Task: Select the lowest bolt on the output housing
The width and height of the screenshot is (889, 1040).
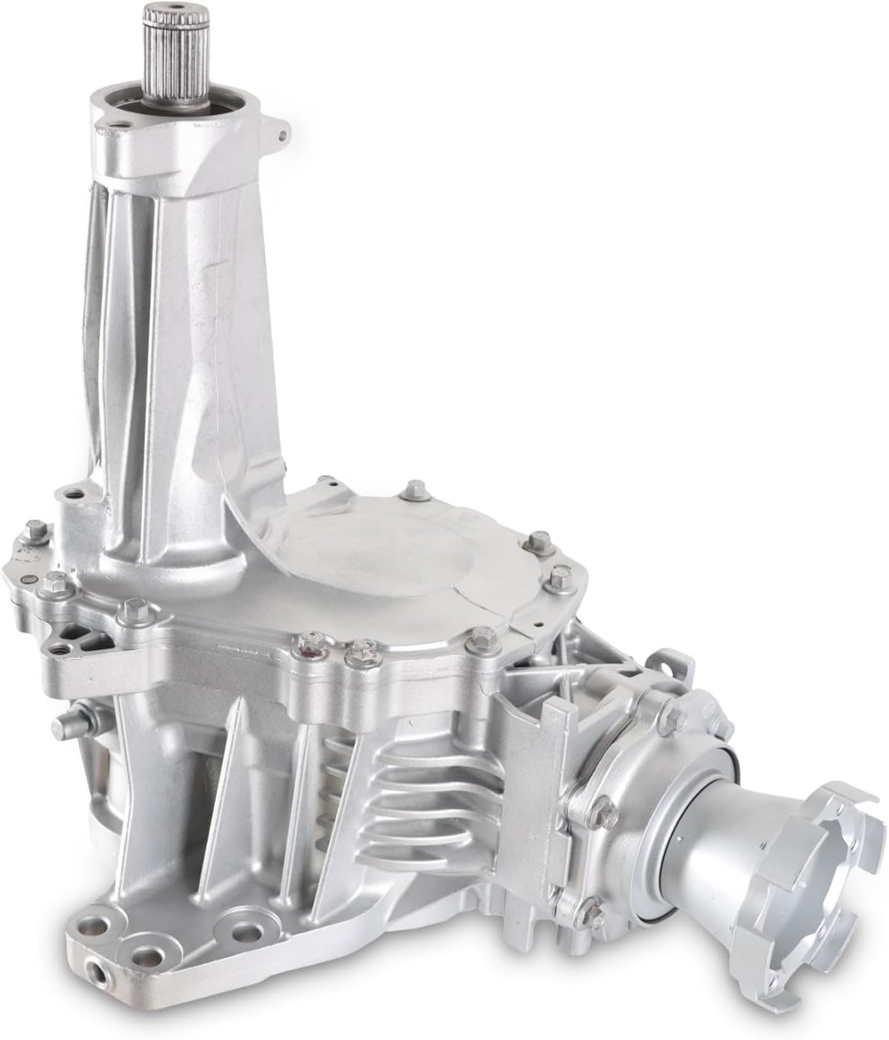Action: pyautogui.click(x=594, y=914)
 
